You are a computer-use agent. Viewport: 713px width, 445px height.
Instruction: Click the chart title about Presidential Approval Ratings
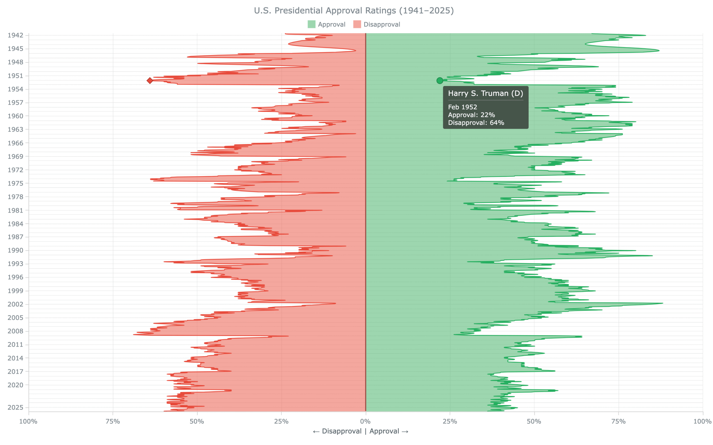point(354,11)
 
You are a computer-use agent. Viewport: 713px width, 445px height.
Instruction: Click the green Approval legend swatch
point(311,24)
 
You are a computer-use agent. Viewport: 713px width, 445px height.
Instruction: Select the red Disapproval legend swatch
point(357,24)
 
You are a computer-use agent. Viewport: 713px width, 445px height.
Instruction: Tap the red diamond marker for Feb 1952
point(150,81)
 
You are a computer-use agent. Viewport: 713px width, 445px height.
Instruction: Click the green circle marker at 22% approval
point(440,81)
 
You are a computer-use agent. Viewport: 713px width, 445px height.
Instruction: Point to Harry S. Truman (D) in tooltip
point(485,94)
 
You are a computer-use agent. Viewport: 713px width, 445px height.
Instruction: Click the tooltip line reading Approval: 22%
point(471,115)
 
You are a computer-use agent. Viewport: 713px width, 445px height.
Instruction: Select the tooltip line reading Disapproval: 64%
point(476,123)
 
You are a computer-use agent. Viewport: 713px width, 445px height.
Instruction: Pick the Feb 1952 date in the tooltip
point(462,107)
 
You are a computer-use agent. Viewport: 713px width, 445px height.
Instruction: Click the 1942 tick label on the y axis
point(15,35)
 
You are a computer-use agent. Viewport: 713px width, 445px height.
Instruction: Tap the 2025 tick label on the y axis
point(15,408)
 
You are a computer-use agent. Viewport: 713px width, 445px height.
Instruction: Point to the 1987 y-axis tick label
point(15,237)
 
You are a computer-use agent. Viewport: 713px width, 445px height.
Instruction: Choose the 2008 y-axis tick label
point(15,331)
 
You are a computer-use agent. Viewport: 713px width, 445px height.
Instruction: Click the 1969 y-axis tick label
point(15,157)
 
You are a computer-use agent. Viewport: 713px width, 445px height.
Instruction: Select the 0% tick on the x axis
point(365,421)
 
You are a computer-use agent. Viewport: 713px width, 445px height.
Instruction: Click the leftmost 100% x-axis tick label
point(28,421)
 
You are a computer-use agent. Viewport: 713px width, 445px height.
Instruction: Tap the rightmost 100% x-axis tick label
point(702,421)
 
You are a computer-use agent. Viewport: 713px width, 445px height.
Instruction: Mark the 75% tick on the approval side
point(619,421)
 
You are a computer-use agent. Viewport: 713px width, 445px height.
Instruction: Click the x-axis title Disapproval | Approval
point(360,431)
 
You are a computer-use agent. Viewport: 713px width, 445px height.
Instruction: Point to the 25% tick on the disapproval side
point(281,421)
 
